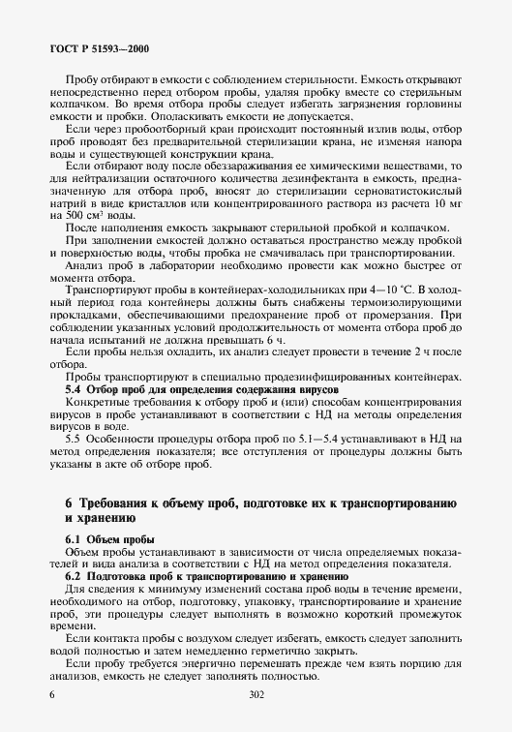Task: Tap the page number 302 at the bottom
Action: coord(256,694)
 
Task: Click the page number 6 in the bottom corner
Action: coord(51,694)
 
